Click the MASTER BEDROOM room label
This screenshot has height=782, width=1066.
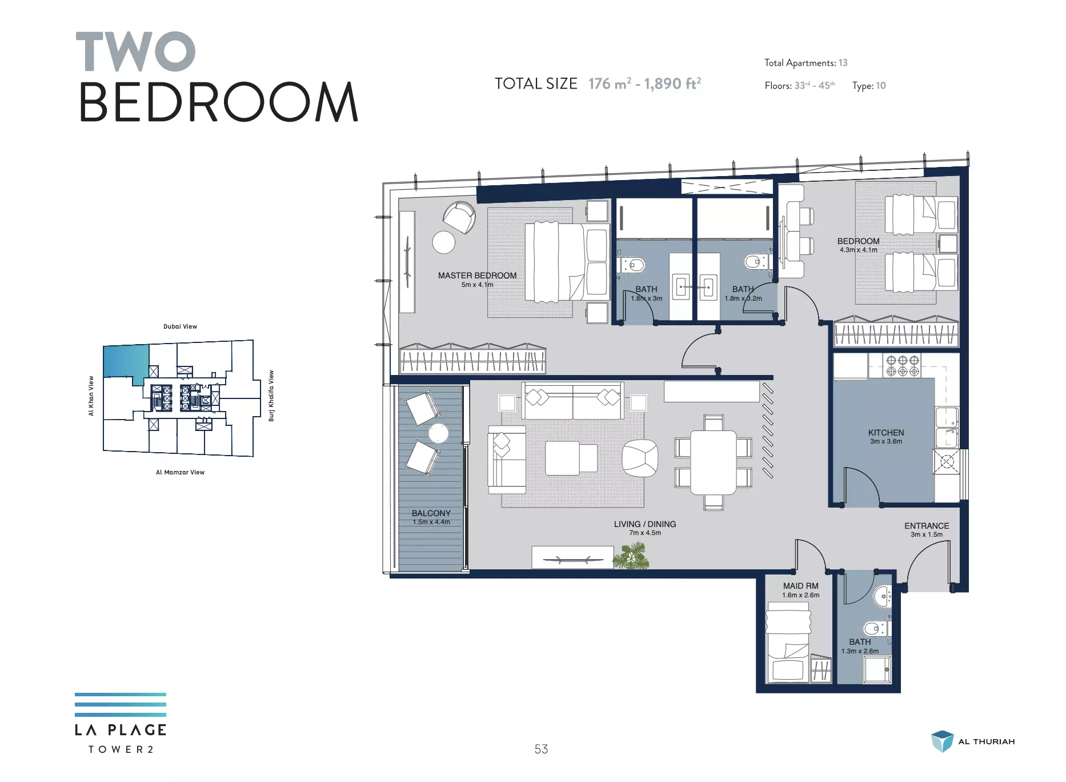477,276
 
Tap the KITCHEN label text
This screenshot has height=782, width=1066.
886,433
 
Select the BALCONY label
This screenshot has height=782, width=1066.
431,513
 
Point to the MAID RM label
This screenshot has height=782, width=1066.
800,586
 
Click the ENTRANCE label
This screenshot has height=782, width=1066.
927,526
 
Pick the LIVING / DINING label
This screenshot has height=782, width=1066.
645,524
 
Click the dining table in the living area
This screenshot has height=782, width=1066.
714,462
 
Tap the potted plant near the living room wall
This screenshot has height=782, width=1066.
632,556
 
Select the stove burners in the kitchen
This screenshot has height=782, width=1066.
903,366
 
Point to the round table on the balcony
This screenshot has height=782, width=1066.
438,433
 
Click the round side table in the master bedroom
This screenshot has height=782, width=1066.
444,242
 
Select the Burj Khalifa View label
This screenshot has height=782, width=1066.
271,396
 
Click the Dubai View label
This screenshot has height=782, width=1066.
180,326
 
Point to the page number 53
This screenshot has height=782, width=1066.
541,749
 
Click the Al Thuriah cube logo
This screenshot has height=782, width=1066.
942,741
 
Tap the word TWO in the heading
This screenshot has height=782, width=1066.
135,51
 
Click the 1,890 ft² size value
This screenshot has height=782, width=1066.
672,83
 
